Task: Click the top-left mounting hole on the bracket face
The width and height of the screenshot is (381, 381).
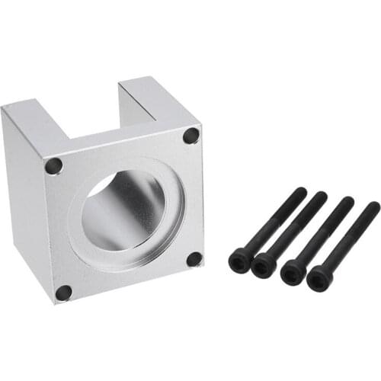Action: coord(53,165)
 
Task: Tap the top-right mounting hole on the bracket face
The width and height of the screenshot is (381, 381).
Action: coord(190,136)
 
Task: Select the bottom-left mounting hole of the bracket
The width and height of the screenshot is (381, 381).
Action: coord(64,292)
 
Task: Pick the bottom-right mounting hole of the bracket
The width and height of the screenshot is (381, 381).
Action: coord(194,259)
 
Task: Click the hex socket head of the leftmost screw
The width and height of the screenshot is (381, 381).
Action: coord(239,261)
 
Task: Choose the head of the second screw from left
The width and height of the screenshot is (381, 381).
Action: coord(264,264)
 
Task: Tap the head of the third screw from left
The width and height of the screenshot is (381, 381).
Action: coord(292,272)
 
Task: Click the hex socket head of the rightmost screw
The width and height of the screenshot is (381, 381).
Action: coord(319,279)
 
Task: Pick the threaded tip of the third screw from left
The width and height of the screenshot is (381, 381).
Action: coord(347,203)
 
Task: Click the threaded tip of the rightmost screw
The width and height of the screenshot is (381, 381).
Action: coord(373,208)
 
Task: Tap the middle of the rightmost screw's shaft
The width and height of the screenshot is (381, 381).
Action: coord(348,240)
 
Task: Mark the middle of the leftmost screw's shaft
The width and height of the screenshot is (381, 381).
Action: coord(272,224)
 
